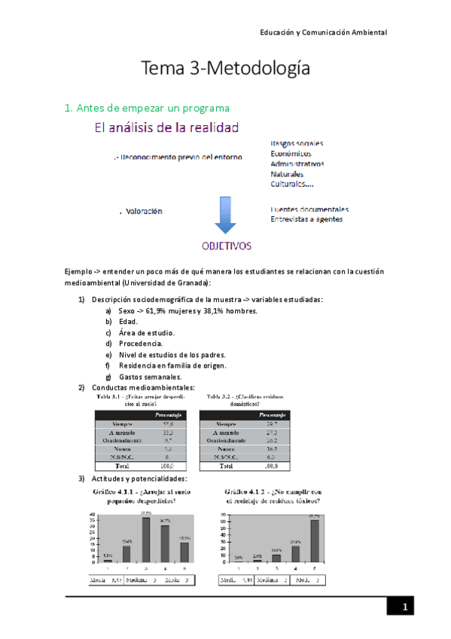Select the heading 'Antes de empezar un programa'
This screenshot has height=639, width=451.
click(x=147, y=109)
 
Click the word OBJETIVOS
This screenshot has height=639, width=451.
click(x=226, y=246)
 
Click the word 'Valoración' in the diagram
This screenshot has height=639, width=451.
click(x=144, y=212)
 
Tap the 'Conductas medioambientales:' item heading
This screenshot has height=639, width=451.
click(x=142, y=387)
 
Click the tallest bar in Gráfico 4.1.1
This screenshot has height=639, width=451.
click(x=145, y=540)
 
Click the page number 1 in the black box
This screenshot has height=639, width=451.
click(x=404, y=607)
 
